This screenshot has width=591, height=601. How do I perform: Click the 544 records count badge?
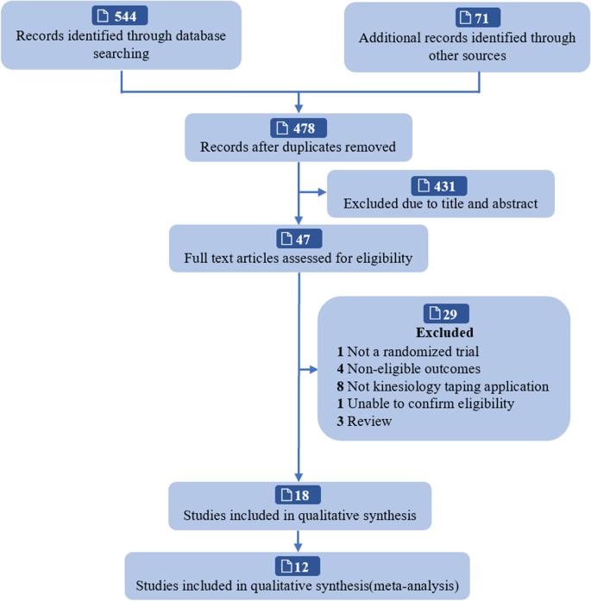120,16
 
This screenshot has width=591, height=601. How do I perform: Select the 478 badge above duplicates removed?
298,128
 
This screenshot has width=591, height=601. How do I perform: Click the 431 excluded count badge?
440,185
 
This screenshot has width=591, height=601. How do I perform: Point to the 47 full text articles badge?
298,239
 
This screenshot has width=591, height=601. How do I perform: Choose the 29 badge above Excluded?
444,314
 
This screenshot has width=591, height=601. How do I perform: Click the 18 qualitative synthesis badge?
298,495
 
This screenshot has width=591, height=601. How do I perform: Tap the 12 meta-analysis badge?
298,567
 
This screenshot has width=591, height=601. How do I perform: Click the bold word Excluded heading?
444,332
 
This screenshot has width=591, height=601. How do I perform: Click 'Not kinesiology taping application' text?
442,386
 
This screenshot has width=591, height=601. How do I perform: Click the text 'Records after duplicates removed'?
298,147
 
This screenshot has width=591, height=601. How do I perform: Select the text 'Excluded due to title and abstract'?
440,204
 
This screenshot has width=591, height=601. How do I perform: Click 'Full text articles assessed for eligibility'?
298,258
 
